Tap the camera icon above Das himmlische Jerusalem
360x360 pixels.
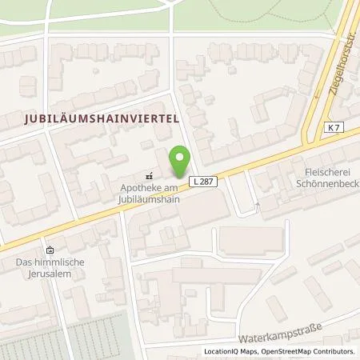[x=50, y=250]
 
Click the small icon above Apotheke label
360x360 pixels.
[x=148, y=176]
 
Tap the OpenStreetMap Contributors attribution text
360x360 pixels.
[x=311, y=351]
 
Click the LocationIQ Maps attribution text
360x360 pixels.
[x=230, y=351]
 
